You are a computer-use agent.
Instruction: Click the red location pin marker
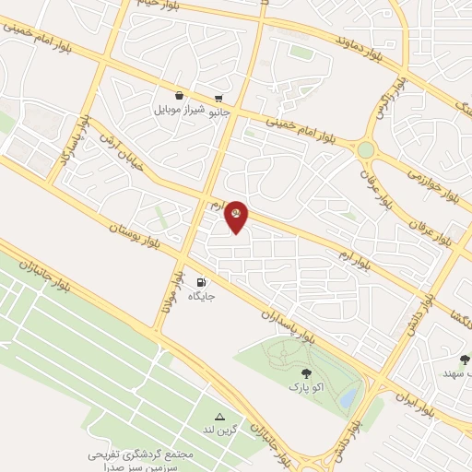click(x=237, y=215)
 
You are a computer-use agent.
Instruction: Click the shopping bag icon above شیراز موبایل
click(x=178, y=95)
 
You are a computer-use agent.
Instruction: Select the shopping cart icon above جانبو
click(x=218, y=99)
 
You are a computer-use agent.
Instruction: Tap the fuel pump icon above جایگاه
click(x=201, y=282)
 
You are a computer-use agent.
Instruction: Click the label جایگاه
click(x=201, y=296)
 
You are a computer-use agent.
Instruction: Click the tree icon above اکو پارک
click(x=306, y=373)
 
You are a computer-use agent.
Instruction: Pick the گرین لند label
click(x=220, y=430)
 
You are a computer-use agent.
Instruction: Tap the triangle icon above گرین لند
click(x=219, y=417)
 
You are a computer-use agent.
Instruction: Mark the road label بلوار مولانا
click(x=170, y=291)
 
